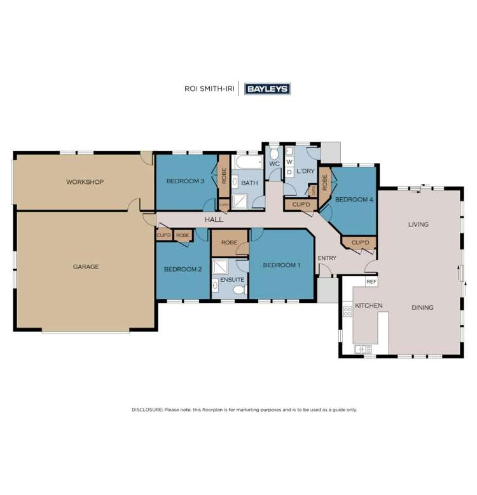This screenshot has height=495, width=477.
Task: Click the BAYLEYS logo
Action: pyautogui.click(x=268, y=89)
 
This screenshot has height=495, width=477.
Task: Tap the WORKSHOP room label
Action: pyautogui.click(x=85, y=182)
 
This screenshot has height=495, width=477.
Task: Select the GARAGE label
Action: pyautogui.click(x=86, y=267)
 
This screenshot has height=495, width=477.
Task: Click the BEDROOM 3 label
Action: pyautogui.click(x=185, y=181)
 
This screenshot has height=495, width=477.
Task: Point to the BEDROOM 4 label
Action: pyautogui.click(x=354, y=200)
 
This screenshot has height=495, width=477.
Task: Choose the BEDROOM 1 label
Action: pyautogui.click(x=281, y=265)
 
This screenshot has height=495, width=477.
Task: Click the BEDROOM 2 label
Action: pyautogui.click(x=183, y=269)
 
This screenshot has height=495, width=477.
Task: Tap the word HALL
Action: pyautogui.click(x=214, y=220)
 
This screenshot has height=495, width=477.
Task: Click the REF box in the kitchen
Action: pyautogui.click(x=371, y=281)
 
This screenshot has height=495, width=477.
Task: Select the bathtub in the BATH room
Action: pyautogui.click(x=248, y=164)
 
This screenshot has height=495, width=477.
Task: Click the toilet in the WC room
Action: pyautogui.click(x=274, y=154)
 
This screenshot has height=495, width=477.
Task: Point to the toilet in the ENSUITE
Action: pyautogui.click(x=239, y=289)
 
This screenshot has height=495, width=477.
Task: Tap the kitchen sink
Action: pyautogui.click(x=363, y=349)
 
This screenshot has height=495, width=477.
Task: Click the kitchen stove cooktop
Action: pyautogui.click(x=348, y=311)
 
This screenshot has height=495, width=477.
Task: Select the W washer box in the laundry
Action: pyautogui.click(x=289, y=162)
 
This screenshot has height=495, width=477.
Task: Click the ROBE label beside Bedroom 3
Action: pyautogui.click(x=224, y=176)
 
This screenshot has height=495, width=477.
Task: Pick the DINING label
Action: pyautogui.click(x=422, y=307)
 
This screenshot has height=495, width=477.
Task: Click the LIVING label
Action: pyautogui.click(x=418, y=224)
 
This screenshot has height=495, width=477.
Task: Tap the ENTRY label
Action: pyautogui.click(x=327, y=258)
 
